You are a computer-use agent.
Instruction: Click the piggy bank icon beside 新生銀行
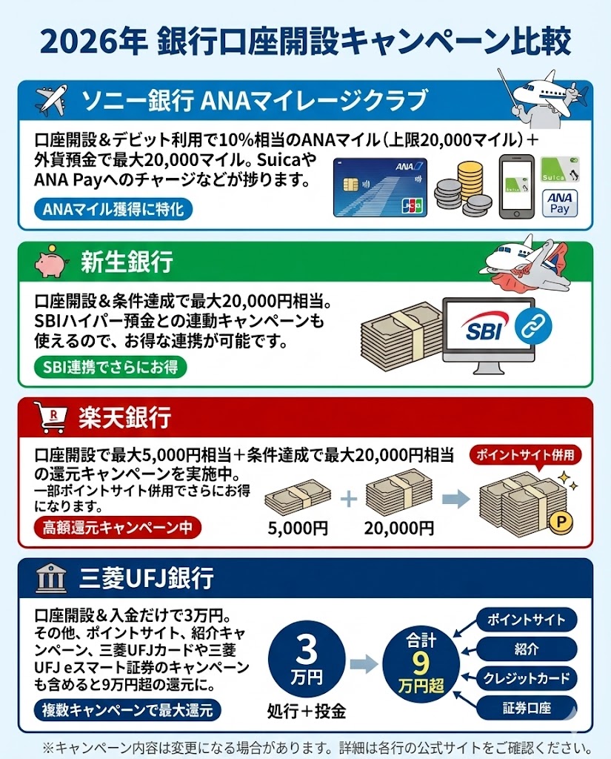[50, 262]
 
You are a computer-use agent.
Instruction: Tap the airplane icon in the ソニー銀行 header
[50, 100]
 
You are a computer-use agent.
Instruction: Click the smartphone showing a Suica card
[515, 186]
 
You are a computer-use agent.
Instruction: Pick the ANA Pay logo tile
[560, 202]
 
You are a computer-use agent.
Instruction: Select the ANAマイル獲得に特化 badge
[113, 210]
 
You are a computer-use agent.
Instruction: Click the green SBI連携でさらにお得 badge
[110, 367]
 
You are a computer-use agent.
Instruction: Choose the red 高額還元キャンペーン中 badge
[118, 527]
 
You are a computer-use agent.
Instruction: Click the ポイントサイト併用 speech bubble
[525, 454]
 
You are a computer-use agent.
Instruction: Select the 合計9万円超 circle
[419, 662]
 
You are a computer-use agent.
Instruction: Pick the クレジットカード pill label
[527, 677]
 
